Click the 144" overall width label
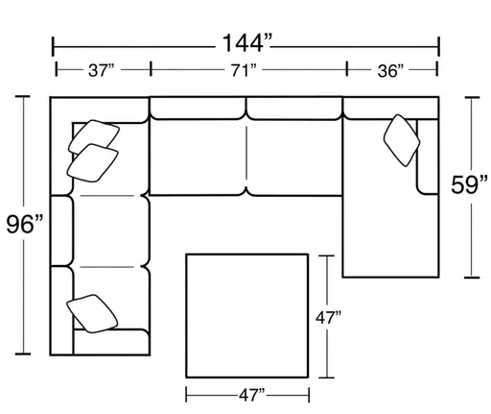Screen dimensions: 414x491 246,42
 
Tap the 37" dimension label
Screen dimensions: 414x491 101,70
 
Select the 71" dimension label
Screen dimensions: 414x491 246,70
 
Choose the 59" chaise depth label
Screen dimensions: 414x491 459,185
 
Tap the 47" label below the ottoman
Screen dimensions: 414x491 246,394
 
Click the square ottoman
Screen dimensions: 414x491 246,312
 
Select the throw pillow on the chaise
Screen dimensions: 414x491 400,139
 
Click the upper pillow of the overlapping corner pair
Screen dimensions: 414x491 92,134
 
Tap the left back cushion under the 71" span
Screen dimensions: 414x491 199,107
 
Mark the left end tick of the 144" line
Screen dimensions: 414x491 54,42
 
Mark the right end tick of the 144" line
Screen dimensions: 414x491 438,42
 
